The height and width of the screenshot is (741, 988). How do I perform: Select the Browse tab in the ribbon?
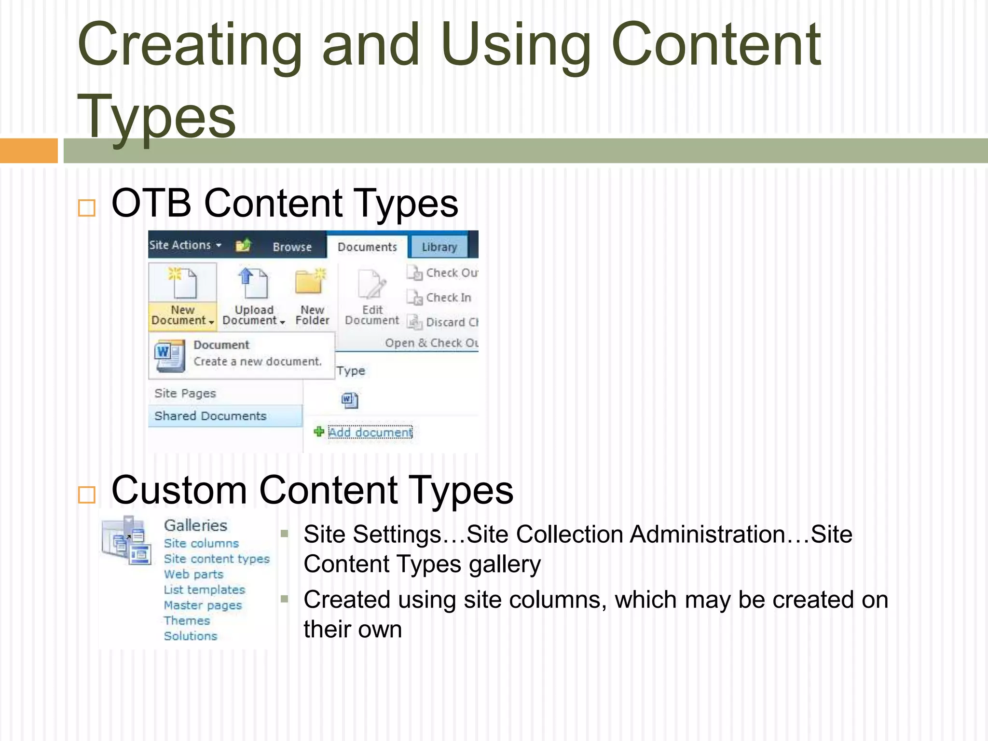click(292, 247)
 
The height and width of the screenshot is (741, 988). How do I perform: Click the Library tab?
click(439, 247)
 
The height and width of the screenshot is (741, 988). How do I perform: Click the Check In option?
click(448, 298)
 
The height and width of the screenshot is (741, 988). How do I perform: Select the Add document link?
click(370, 432)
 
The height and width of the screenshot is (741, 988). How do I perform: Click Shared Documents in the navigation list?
click(210, 416)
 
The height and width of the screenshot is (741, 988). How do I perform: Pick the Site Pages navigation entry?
click(185, 393)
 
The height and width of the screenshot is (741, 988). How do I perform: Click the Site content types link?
click(217, 559)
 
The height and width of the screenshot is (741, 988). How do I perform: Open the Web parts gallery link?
click(193, 574)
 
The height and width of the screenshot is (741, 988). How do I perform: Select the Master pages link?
click(203, 605)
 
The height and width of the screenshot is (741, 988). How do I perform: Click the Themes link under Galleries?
click(187, 620)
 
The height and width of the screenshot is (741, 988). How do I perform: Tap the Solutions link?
click(191, 636)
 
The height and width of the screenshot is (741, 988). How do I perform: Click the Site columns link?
click(201, 543)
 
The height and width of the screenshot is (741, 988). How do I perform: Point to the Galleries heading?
click(195, 525)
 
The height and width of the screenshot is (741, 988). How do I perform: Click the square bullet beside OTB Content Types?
click(87, 208)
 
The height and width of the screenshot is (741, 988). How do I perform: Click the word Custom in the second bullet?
click(179, 491)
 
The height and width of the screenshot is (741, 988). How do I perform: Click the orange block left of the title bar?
click(28, 151)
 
